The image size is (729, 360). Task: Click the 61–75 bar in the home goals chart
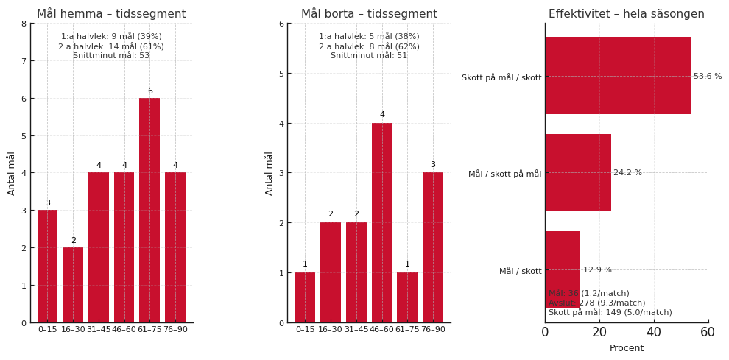pos(149,211)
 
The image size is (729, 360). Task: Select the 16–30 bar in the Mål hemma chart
pos(73,285)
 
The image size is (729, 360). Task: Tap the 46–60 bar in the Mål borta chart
pos(381,222)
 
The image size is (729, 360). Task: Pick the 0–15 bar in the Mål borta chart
pos(305,297)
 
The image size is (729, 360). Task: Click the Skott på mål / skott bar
pos(617,76)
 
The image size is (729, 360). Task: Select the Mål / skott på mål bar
pos(577,173)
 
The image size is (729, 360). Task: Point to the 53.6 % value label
pos(708,77)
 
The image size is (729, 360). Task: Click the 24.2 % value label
pos(627,173)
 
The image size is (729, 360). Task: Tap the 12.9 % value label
pos(597,270)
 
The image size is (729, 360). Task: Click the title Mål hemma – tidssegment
pos(111,14)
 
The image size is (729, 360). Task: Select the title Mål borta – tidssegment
pos(369,14)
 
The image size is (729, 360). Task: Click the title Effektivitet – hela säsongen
pos(626,14)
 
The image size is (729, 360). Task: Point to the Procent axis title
pos(626,348)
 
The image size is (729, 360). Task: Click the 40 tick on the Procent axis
pos(653,333)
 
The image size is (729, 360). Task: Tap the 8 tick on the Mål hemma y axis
pos(24,24)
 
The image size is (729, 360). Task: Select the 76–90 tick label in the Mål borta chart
pos(433,330)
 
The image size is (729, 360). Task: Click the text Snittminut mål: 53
pos(111,56)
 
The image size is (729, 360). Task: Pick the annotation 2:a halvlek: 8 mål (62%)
pos(369,46)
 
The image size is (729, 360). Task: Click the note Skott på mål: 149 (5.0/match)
pos(610,313)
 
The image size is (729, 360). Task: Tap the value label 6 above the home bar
pos(149,91)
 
